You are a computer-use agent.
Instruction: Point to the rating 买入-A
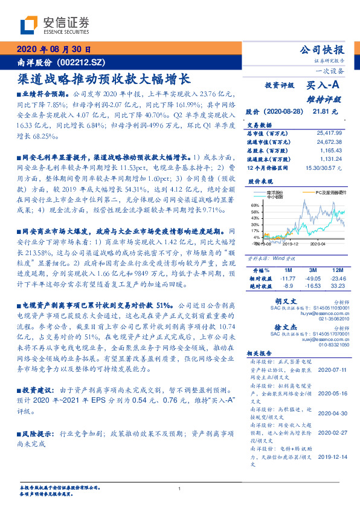324,86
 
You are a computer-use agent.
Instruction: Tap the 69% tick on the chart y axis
254,206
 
